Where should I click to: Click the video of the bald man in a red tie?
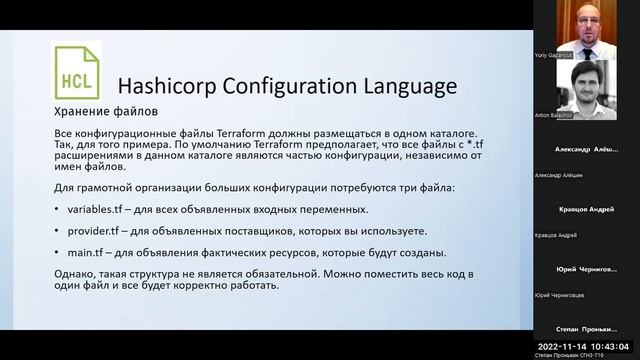click(x=586, y=24)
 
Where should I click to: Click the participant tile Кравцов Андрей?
click(x=586, y=210)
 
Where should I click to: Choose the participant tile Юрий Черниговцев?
click(x=586, y=270)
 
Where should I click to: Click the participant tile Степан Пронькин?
click(x=586, y=329)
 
